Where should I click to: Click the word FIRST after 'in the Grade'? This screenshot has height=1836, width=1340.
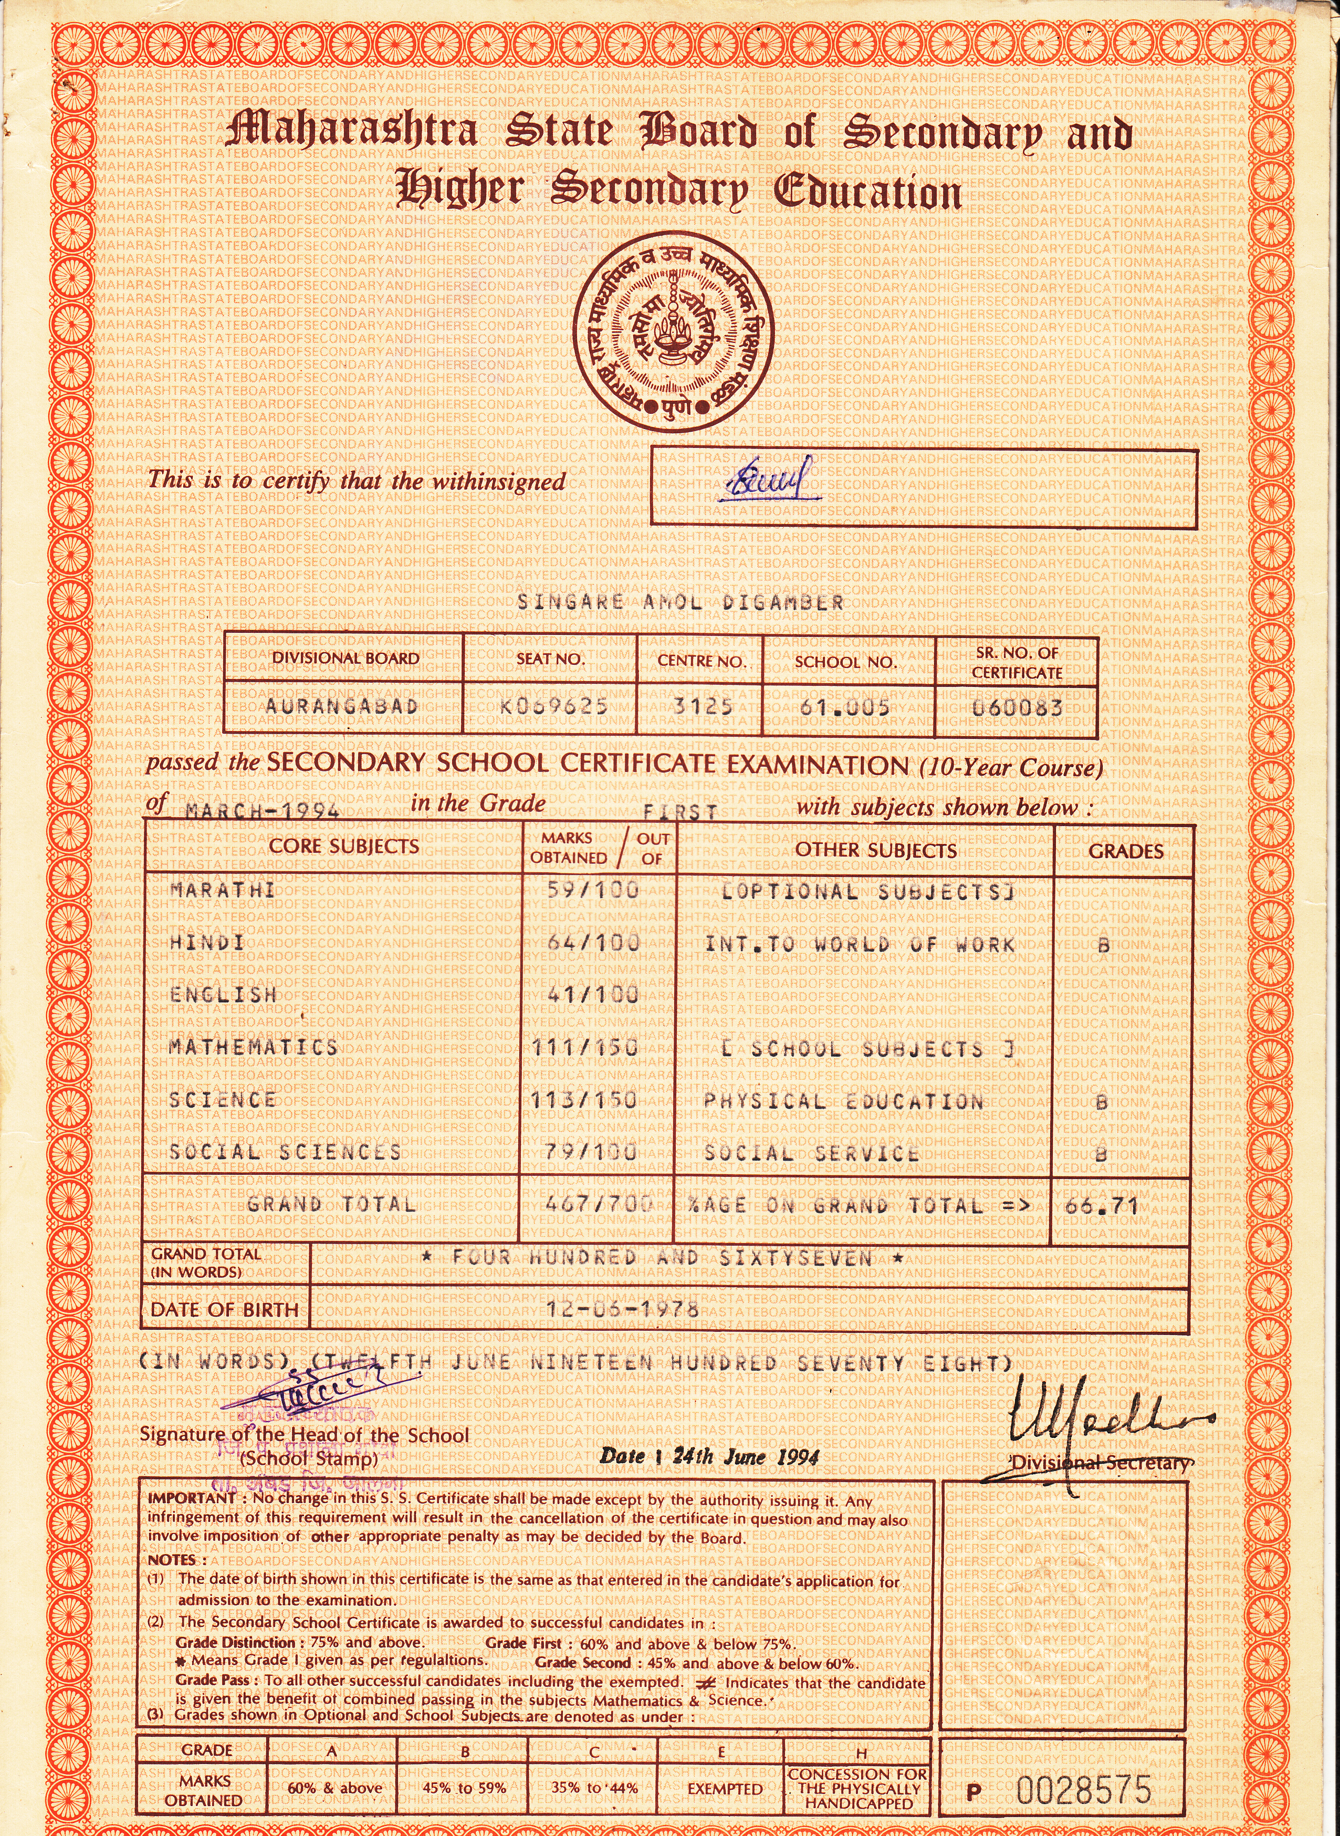[680, 811]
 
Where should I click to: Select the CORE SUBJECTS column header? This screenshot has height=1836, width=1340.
[344, 846]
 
